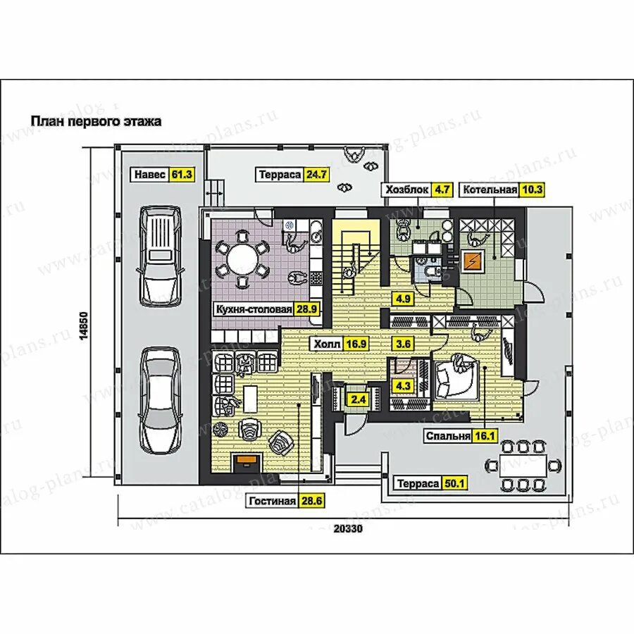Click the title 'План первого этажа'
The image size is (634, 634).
tap(97, 121)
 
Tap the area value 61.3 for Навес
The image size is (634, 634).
tap(182, 174)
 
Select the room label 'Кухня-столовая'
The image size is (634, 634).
tap(254, 310)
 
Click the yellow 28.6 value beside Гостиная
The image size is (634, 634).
tap(312, 501)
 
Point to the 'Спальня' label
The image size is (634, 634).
tap(449, 436)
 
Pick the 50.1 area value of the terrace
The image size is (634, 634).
tap(454, 483)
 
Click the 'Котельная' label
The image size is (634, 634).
tap(490, 189)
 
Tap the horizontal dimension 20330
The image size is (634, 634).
tap(348, 528)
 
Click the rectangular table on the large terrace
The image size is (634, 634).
tap(523, 466)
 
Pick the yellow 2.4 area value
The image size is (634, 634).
tap(359, 400)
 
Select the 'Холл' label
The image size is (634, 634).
tap(328, 344)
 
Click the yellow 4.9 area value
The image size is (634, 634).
tap(403, 299)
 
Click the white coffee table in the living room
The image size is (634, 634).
tap(251, 395)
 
